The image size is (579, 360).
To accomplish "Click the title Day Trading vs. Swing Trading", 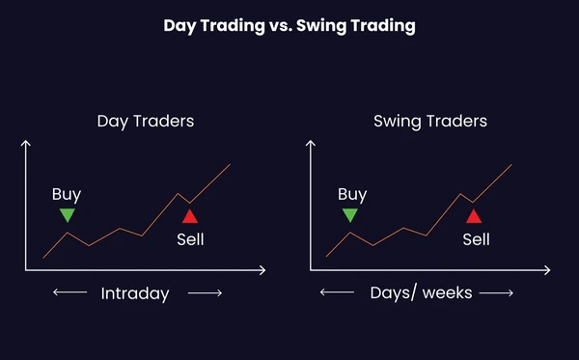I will click(x=289, y=26).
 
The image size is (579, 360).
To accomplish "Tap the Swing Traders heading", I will click(x=429, y=123).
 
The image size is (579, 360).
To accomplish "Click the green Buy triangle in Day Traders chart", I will click(x=67, y=215).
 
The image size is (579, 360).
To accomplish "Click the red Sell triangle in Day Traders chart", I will click(x=189, y=215).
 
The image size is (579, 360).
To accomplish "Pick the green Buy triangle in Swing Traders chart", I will click(x=350, y=215).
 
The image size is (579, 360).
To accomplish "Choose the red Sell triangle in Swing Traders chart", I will click(x=473, y=215).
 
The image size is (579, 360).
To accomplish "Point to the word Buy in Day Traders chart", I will click(x=67, y=194).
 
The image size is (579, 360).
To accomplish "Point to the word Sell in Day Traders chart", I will click(x=190, y=238).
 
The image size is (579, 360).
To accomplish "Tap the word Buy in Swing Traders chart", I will click(x=351, y=194).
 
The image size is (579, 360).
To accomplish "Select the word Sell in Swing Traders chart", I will click(x=476, y=238).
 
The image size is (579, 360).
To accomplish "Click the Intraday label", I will click(x=135, y=293).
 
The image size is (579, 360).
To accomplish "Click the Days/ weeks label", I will click(x=421, y=292).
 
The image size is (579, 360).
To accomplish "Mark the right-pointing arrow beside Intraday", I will click(x=205, y=292).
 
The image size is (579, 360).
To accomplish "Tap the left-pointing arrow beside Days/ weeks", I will click(x=337, y=292).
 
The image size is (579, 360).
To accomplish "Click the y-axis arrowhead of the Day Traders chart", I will click(x=26, y=143).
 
